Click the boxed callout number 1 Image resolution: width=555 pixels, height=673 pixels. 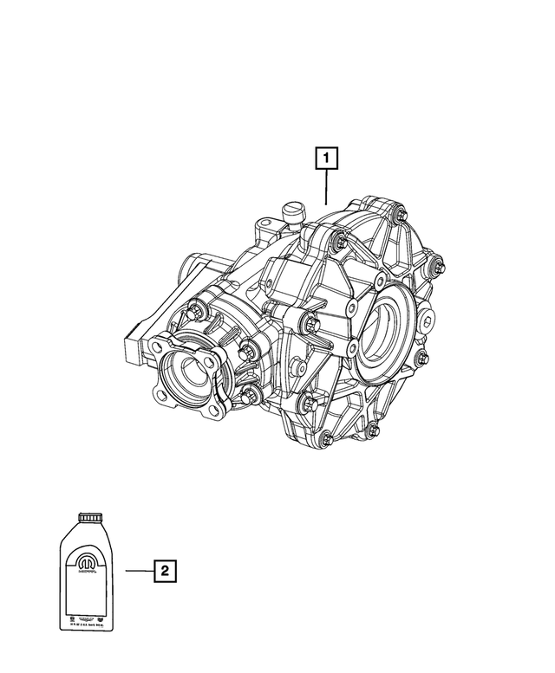click(x=327, y=159)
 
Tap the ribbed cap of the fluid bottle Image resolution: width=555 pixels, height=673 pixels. click(x=88, y=517)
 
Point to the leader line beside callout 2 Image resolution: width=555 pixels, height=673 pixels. click(x=139, y=571)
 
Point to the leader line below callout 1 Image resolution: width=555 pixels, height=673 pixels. click(x=327, y=186)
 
